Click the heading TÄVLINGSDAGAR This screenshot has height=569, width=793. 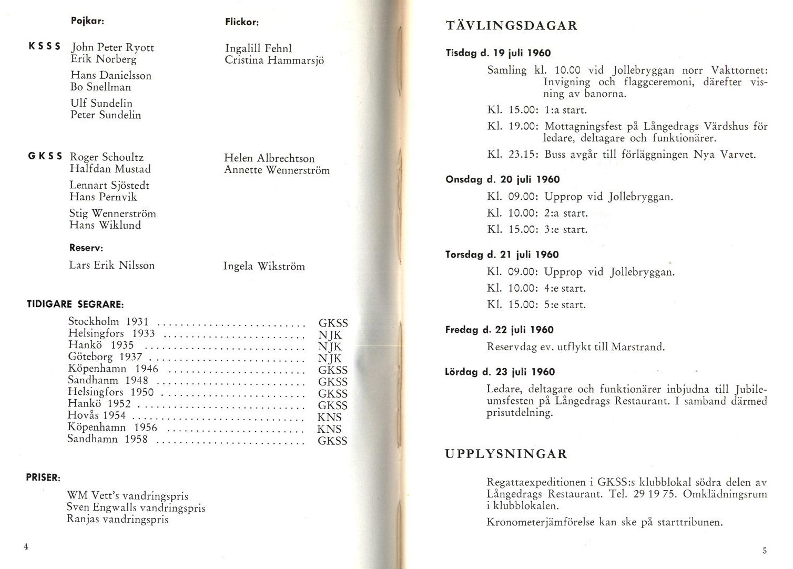[x=511, y=26]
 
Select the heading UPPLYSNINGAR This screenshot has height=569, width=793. [x=506, y=454]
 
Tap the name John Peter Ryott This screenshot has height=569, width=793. [x=113, y=47]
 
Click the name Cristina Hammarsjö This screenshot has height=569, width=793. [x=274, y=60]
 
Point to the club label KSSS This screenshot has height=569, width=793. [x=44, y=46]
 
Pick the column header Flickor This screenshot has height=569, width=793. [x=242, y=22]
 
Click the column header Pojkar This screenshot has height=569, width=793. [x=87, y=21]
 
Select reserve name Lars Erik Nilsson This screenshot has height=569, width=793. [x=112, y=265]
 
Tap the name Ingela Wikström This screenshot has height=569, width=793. [x=264, y=266]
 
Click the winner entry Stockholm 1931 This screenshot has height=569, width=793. [x=108, y=321]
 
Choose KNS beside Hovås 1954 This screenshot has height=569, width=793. [x=330, y=418]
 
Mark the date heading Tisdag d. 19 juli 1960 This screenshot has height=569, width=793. [x=498, y=53]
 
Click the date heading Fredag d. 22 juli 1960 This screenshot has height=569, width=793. [x=499, y=330]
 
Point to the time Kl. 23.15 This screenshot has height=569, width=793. [x=513, y=155]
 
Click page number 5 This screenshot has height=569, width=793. [x=765, y=551]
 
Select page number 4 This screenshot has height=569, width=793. [x=26, y=546]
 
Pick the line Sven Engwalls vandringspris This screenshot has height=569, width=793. [x=136, y=507]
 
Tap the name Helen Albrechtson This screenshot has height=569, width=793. [x=269, y=158]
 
